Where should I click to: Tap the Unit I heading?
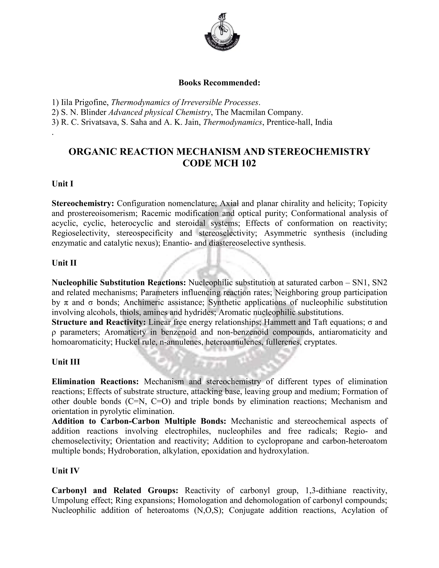pyautogui.click(x=62, y=184)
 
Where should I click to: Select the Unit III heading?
pyautogui.click(x=66, y=362)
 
